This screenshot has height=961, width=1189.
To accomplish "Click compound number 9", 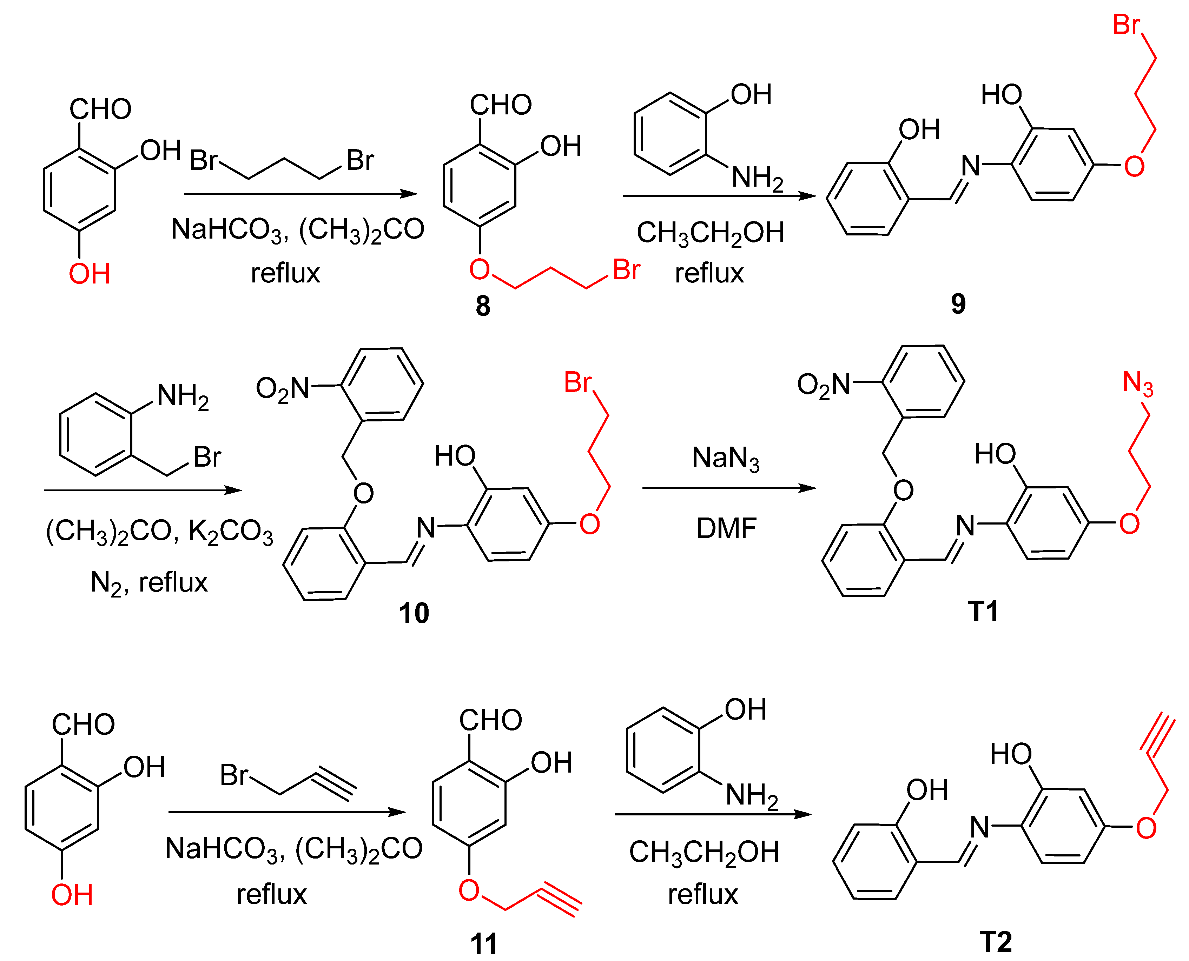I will [x=958, y=303].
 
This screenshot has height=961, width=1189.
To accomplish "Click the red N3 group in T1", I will [x=1137, y=383].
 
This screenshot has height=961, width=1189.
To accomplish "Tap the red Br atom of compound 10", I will [x=577, y=382].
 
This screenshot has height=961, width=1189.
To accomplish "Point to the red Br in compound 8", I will [x=626, y=270].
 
